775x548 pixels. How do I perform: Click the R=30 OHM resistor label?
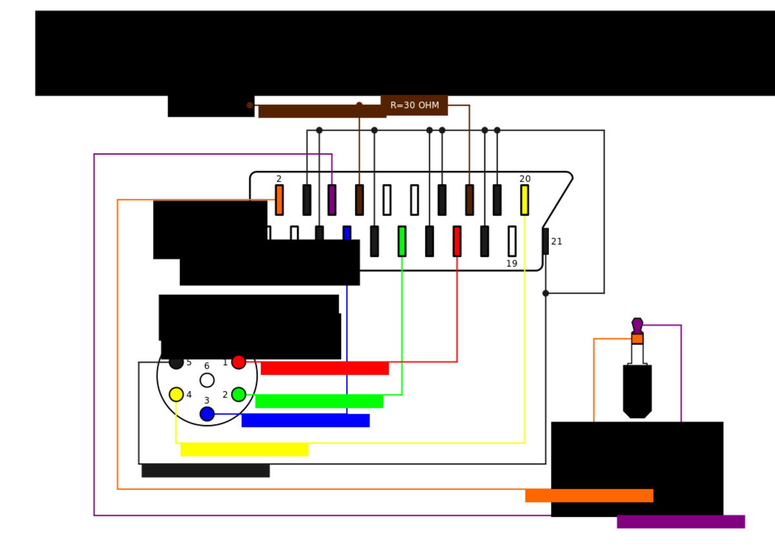point(415,105)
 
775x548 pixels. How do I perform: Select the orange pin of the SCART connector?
point(279,200)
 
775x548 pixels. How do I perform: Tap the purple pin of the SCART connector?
point(332,200)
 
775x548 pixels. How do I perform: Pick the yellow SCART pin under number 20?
point(524,200)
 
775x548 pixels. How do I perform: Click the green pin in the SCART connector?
point(402,241)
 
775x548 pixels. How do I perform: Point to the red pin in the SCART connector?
point(457,241)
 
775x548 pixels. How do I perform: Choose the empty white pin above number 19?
point(512,241)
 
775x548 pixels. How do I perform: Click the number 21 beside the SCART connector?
point(556,241)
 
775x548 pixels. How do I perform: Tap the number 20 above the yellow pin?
point(525,179)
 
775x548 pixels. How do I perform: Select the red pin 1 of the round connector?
point(239,362)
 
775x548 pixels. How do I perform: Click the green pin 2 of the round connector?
point(239,394)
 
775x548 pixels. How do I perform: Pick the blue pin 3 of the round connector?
point(207,414)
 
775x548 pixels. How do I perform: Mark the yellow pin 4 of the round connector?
point(176,394)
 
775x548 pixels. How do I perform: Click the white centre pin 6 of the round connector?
point(207,380)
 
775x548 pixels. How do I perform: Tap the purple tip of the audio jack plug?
point(637,326)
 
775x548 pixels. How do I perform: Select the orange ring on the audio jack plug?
point(637,339)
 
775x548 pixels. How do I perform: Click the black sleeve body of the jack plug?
point(637,391)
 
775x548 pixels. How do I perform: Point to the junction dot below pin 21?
point(546,293)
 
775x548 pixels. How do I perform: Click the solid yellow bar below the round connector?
point(244,449)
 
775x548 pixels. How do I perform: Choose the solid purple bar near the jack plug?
point(681,522)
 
